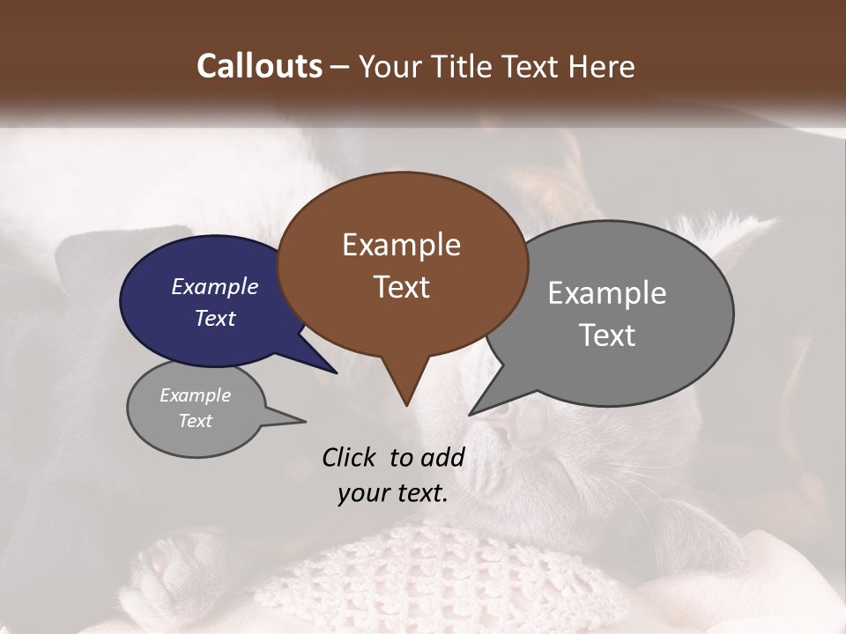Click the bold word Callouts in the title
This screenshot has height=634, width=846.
click(259, 66)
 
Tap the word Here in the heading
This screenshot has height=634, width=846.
click(604, 67)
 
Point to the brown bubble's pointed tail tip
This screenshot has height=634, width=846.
click(406, 405)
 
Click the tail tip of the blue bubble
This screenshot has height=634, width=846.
click(336, 372)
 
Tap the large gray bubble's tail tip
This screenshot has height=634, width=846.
click(471, 414)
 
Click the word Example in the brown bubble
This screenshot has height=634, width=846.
click(401, 245)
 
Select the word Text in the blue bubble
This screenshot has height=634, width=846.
click(215, 319)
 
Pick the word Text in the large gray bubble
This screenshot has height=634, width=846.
click(607, 335)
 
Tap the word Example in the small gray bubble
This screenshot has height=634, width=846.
click(196, 395)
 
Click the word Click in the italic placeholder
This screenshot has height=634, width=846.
click(350, 457)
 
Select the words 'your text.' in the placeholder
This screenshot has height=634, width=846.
click(393, 494)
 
